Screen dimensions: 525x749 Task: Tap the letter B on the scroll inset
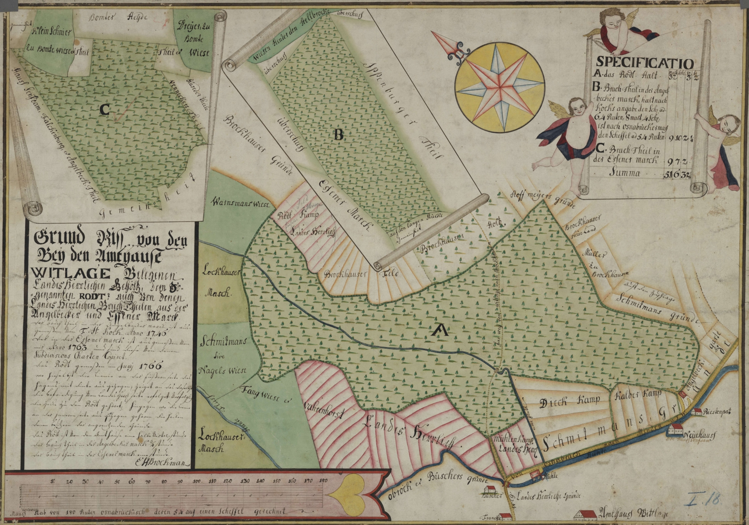coord(338,135)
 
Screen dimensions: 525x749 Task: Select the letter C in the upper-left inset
coord(104,110)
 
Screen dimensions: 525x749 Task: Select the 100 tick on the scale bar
coord(197,482)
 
